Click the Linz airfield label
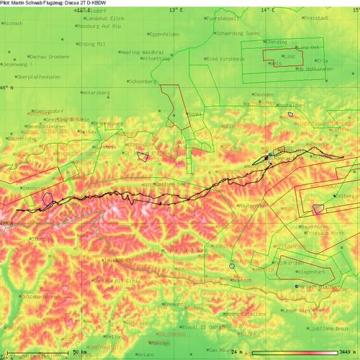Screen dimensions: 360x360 coord(290,55)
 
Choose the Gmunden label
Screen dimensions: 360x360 coord(264,94)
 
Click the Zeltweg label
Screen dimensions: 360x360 coord(347,196)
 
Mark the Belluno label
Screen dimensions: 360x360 coord(115,336)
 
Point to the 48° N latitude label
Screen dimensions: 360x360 coord(8,87)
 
